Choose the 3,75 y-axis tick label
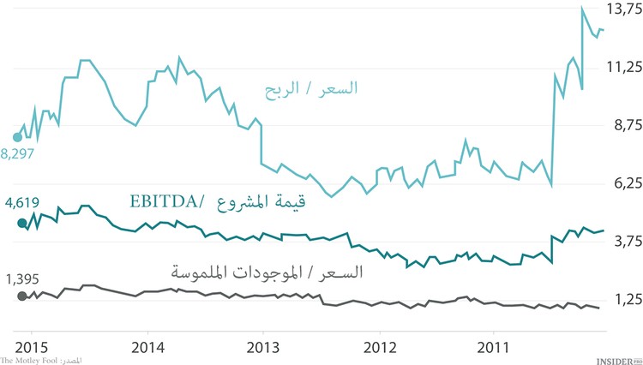pyautogui.click(x=622, y=242)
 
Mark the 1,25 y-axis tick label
pyautogui.click(x=622, y=300)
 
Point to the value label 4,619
pyautogui.click(x=21, y=204)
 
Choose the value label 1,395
pyautogui.click(x=21, y=278)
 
